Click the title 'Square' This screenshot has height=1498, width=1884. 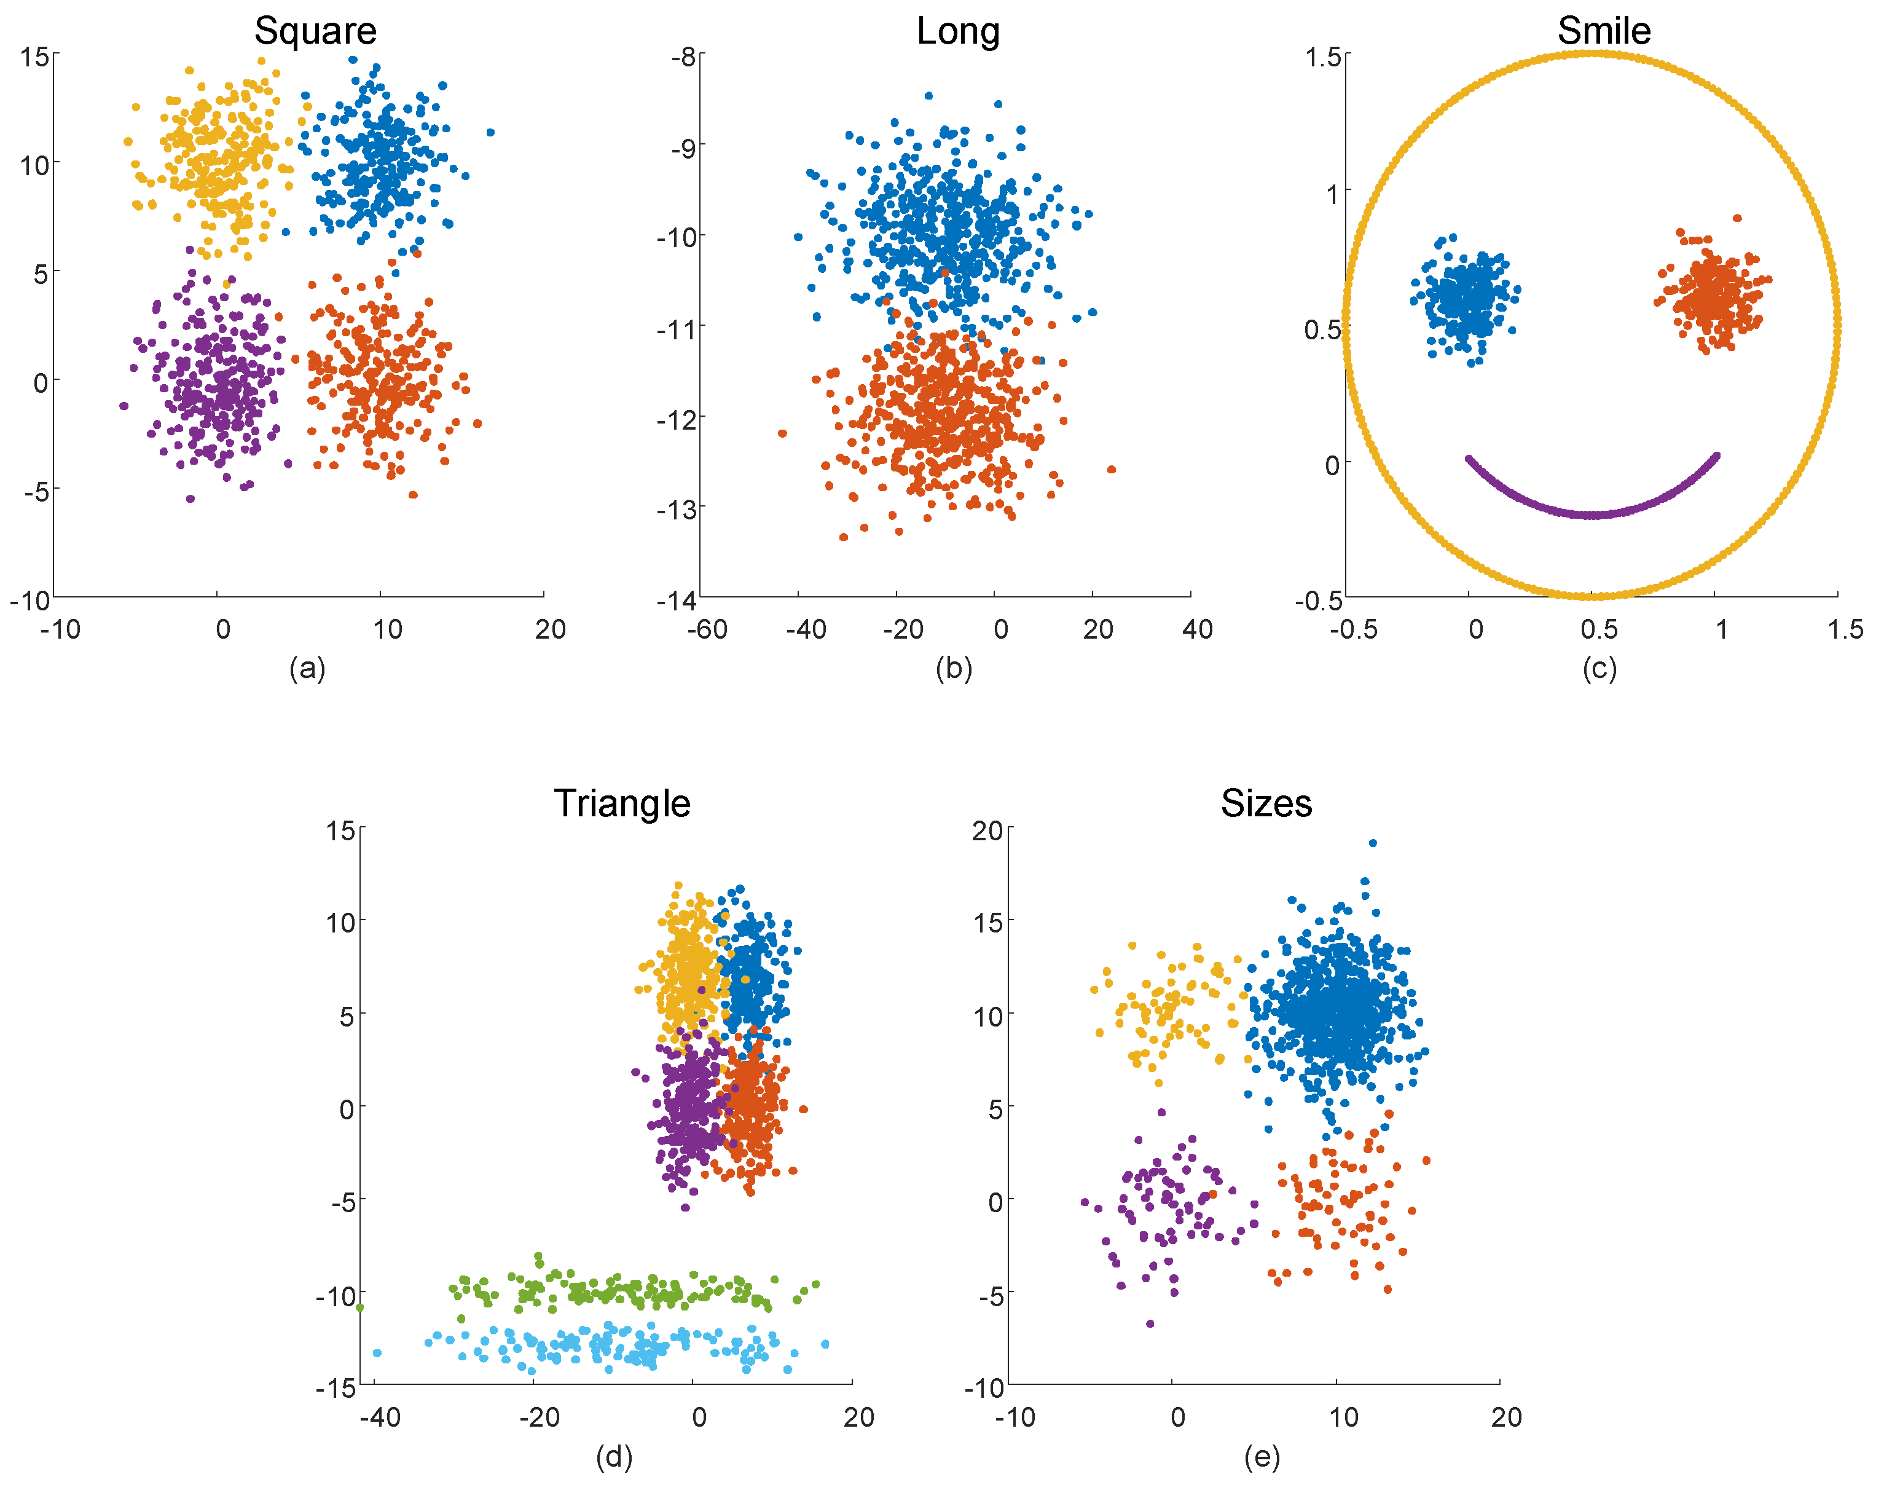point(315,31)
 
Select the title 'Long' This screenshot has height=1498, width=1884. point(958,31)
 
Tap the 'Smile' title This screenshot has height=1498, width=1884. point(1604,31)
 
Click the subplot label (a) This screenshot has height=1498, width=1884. point(308,669)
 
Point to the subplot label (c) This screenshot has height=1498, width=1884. point(1599,669)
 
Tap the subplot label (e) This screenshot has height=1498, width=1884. point(1262,1456)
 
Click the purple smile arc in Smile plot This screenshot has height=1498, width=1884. point(1592,514)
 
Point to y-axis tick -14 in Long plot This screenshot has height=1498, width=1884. point(677,601)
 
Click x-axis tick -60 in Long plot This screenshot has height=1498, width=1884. point(707,629)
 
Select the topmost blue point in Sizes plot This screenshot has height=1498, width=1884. point(1373,843)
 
